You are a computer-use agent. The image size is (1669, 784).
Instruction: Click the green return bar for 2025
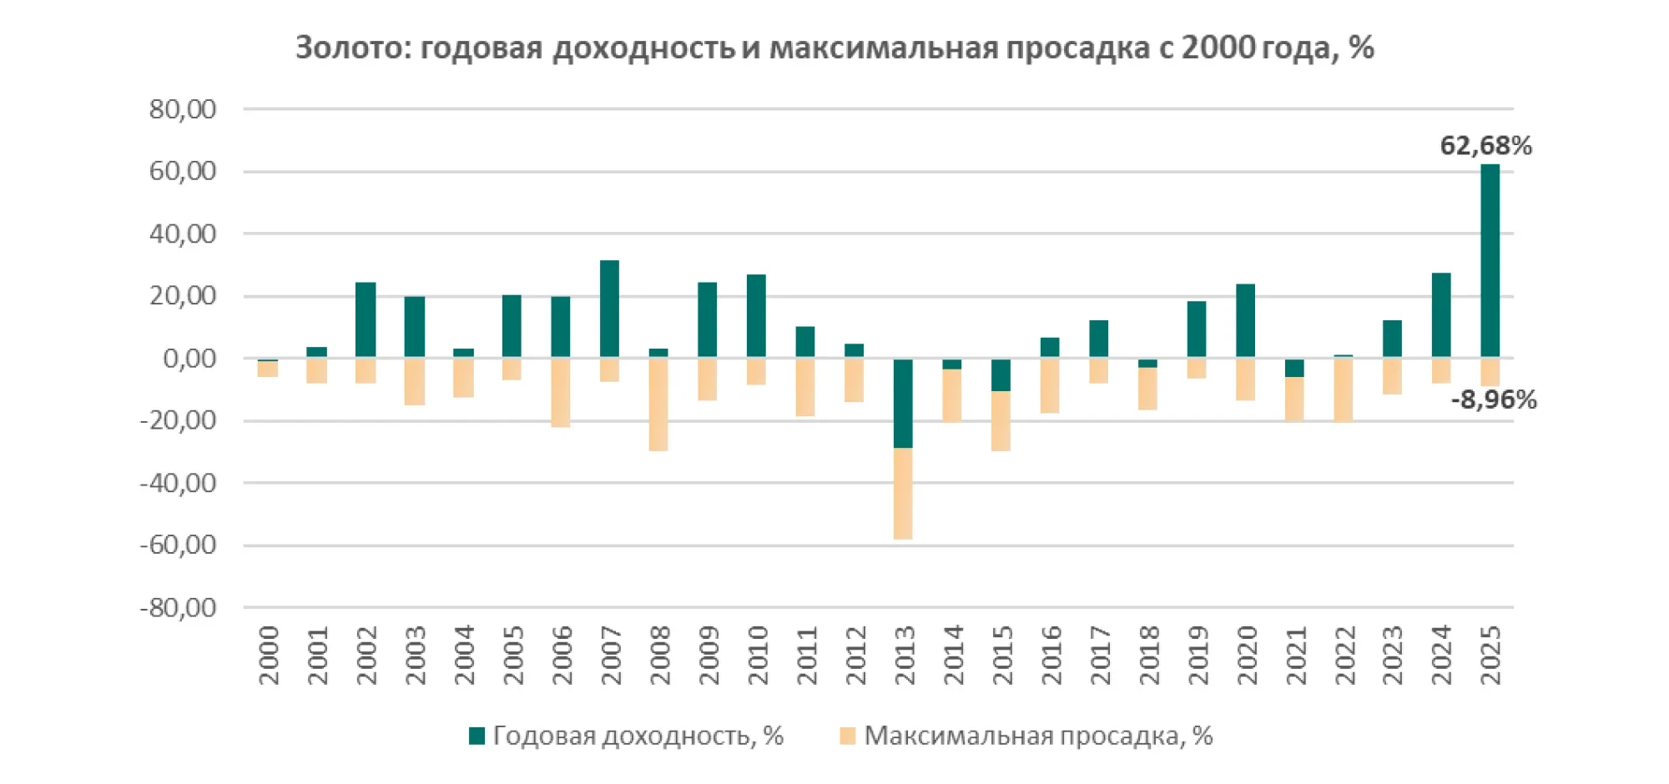(x=1490, y=261)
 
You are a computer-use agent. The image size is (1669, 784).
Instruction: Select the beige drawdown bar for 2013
(x=903, y=494)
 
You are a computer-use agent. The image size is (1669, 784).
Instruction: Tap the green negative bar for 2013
(x=903, y=403)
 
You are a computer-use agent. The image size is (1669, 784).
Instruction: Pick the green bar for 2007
(x=609, y=309)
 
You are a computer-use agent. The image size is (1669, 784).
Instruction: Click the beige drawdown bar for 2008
(x=658, y=405)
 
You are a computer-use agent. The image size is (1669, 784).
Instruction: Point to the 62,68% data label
(x=1485, y=146)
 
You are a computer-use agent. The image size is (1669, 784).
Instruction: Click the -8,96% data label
(x=1493, y=400)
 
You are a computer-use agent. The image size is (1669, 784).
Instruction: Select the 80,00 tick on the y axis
(x=183, y=109)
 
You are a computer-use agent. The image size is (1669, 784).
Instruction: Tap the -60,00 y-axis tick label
(x=178, y=545)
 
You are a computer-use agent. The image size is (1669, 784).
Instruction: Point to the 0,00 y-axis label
(x=189, y=359)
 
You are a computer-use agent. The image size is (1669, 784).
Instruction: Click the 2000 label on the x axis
(x=269, y=656)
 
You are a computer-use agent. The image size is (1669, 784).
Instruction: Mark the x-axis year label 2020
(x=1247, y=656)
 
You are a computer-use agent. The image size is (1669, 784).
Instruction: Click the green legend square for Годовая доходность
(x=476, y=736)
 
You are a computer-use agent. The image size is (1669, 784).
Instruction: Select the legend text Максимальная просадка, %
(x=1037, y=736)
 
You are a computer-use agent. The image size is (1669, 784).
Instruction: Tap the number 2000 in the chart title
(x=1218, y=48)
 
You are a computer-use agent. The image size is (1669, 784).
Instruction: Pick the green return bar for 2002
(x=366, y=320)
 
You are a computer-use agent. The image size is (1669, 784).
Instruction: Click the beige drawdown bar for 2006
(x=561, y=393)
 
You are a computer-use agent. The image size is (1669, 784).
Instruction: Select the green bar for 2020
(x=1245, y=321)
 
